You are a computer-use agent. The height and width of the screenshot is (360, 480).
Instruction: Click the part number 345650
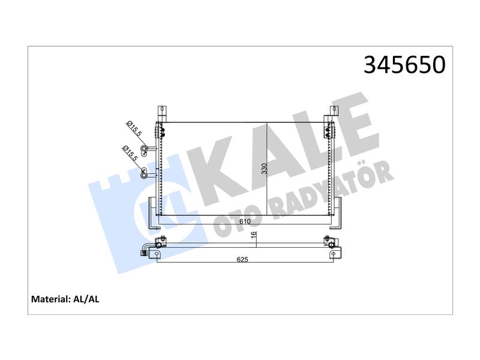[404, 65]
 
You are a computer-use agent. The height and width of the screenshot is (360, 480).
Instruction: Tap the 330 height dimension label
[265, 169]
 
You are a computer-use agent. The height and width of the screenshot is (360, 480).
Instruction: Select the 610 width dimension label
[245, 221]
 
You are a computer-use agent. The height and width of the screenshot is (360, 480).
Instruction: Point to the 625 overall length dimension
[242, 260]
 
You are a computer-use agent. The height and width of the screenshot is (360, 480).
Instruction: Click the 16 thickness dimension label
[253, 235]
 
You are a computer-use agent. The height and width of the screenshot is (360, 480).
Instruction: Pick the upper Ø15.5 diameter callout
[134, 128]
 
